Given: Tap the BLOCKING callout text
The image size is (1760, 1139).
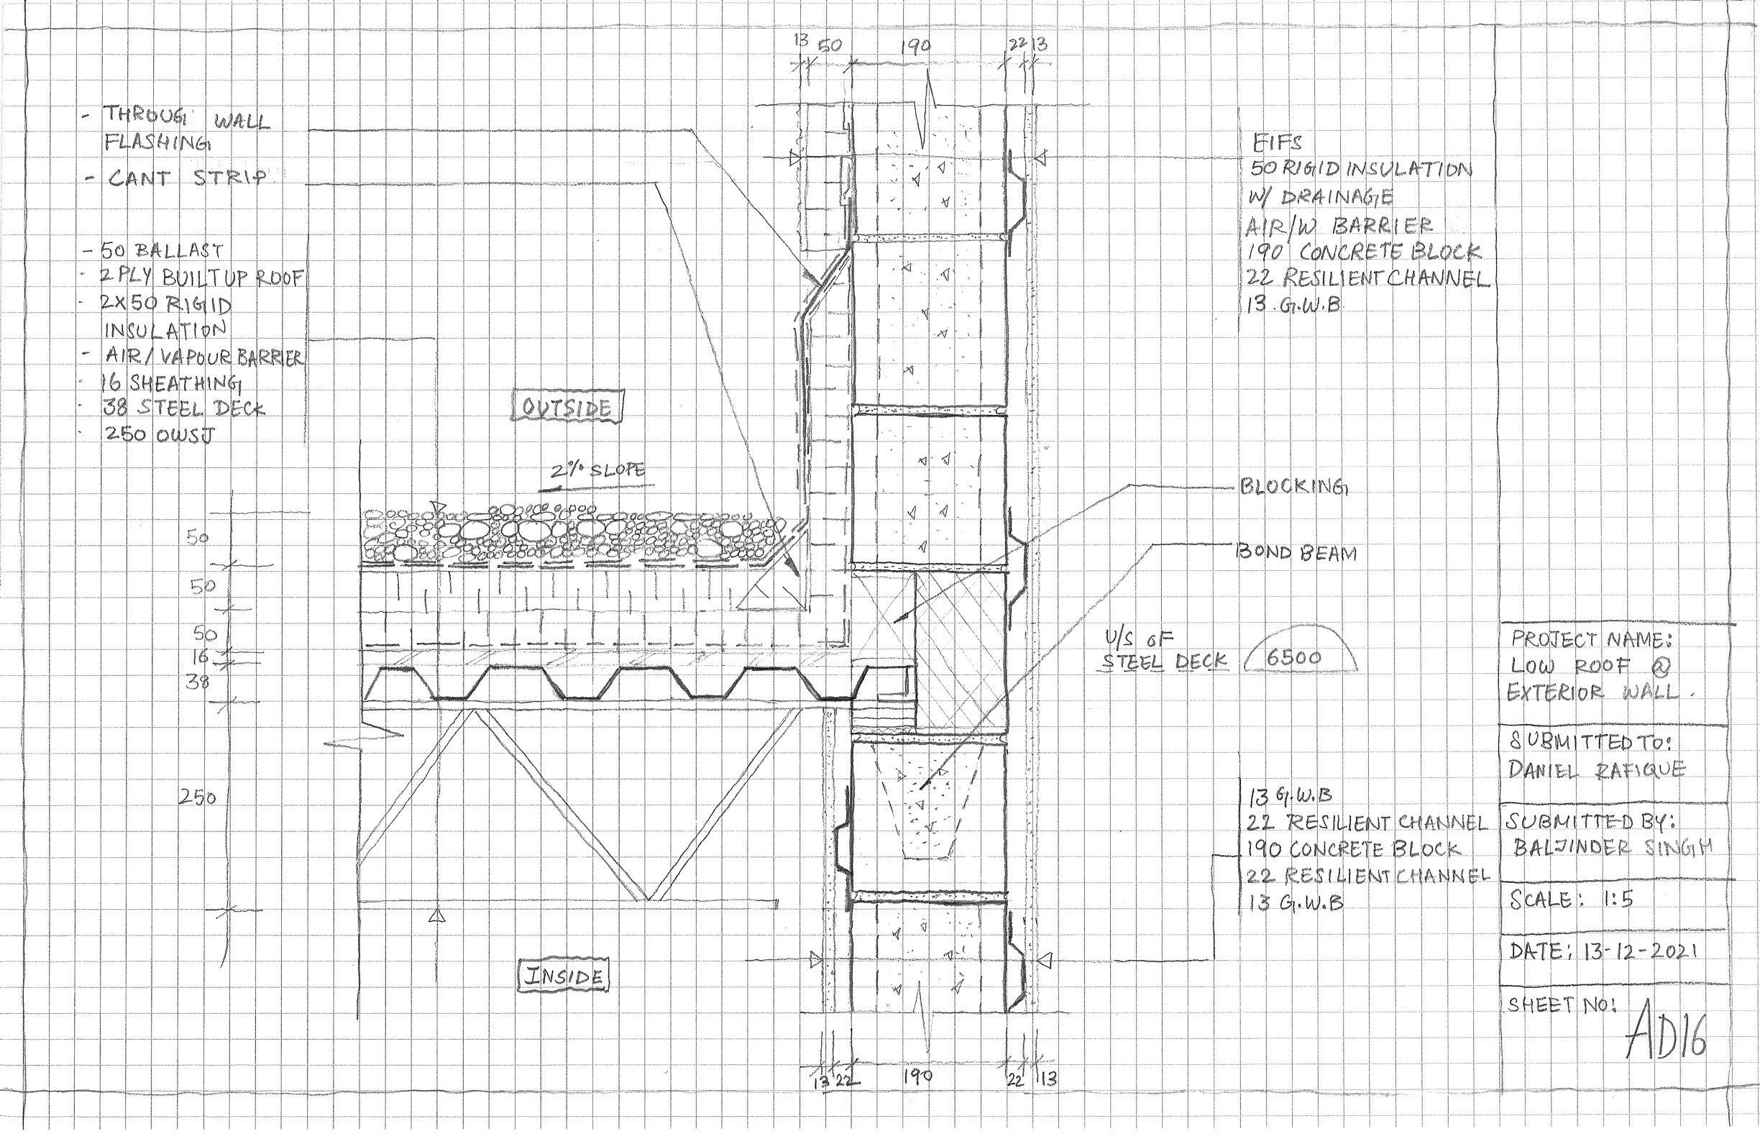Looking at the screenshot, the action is point(1292,487).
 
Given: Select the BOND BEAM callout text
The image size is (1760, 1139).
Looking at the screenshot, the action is point(1298,553).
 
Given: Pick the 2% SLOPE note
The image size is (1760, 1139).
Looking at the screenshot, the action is point(596,471).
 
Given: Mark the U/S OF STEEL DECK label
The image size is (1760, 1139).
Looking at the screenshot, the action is point(1165,651).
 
